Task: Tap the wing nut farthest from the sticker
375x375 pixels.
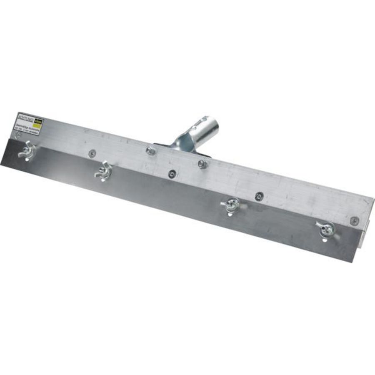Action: click(326, 228)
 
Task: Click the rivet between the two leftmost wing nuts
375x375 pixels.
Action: click(90, 153)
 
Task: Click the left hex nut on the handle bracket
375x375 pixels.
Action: click(150, 150)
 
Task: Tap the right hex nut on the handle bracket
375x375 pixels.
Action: click(202, 164)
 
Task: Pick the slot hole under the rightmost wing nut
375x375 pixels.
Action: click(325, 240)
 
